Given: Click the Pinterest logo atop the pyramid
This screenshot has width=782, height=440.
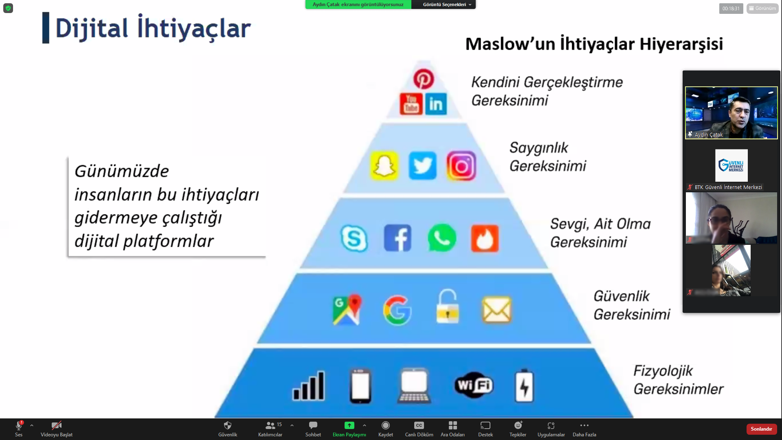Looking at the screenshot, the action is (x=424, y=79).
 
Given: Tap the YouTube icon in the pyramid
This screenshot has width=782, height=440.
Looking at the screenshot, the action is (x=411, y=104).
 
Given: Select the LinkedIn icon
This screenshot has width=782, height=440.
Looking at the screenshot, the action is (x=436, y=104).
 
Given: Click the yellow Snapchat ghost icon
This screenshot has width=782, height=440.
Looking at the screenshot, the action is (x=384, y=166).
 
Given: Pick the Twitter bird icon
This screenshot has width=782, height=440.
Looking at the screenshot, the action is (x=422, y=166).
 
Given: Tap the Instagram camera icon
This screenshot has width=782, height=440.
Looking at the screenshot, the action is (x=461, y=166).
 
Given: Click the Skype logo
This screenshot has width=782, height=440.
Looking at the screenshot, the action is (x=354, y=238).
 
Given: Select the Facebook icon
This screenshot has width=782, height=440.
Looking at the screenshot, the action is (x=398, y=238).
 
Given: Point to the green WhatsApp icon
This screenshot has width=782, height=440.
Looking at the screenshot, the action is (x=442, y=238).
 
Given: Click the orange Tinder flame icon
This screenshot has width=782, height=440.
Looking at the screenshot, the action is (x=485, y=238).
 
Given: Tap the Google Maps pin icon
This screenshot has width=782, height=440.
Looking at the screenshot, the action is (x=347, y=310).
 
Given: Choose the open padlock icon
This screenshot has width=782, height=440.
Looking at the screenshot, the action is (x=448, y=306).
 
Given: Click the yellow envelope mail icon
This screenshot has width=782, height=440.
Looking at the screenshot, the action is (x=497, y=310).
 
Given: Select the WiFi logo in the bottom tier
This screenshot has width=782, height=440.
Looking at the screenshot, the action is (x=474, y=385).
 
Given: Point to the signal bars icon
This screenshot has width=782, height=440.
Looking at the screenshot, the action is (x=309, y=385).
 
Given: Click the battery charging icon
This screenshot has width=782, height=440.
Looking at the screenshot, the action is (x=524, y=386).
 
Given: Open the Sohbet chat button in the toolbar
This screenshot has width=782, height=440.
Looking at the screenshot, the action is (x=313, y=429).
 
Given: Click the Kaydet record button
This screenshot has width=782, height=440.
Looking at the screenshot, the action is (x=386, y=429).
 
